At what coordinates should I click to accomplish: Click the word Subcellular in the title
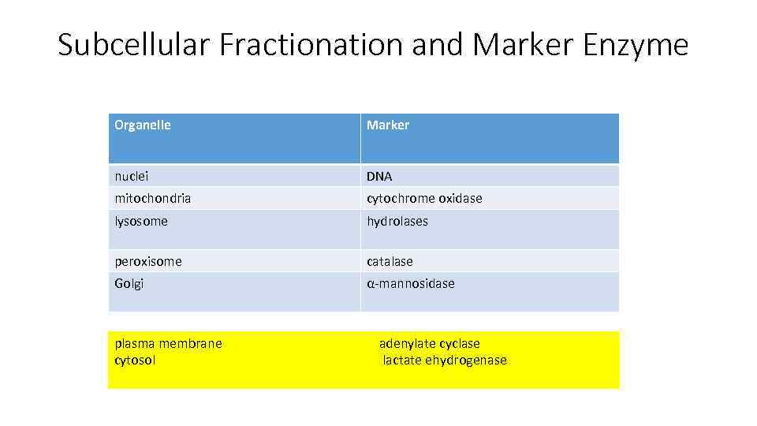point(135,46)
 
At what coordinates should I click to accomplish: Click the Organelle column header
point(143,125)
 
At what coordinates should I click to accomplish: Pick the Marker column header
point(388,125)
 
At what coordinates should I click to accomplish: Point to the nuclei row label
point(132,176)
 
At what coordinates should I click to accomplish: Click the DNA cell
point(379,176)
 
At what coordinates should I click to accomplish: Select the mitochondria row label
point(153,198)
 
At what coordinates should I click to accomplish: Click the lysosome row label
point(141,221)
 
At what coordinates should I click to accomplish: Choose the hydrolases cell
point(397,221)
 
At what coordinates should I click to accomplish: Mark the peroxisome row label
point(148,261)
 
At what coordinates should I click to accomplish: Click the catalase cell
point(390,261)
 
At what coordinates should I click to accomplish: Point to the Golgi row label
point(129,284)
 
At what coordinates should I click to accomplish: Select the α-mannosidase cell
point(410,283)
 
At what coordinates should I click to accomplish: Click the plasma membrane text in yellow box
point(169,343)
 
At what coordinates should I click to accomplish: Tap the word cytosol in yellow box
point(136,360)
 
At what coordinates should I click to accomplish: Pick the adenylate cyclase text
point(429,343)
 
